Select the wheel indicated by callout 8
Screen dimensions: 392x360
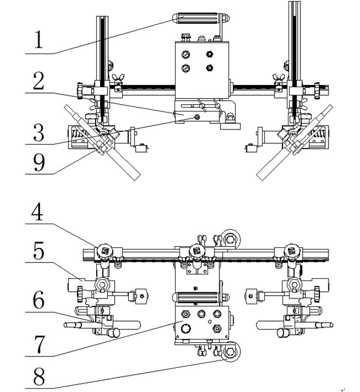[229, 353]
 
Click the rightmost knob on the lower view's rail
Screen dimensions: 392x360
[290, 250]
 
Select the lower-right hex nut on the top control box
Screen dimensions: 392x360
[210, 68]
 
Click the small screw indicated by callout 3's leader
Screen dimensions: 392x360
[197, 117]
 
